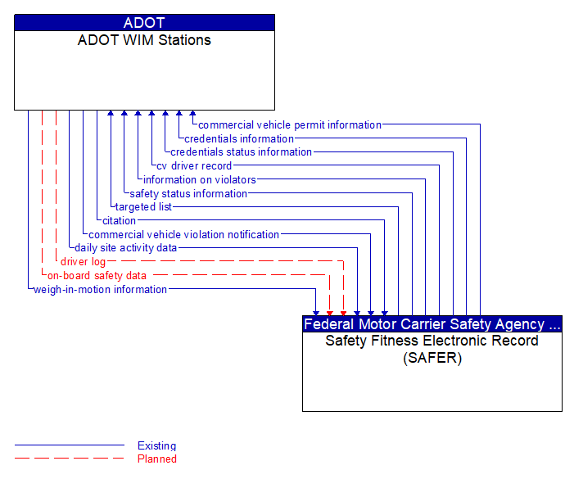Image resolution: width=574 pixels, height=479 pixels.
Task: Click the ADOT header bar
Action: click(144, 23)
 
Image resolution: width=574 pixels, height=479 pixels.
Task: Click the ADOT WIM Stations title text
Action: click(144, 40)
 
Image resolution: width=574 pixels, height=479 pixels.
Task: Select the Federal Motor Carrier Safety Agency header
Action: click(432, 324)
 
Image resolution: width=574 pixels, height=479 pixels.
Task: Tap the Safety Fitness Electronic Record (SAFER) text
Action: click(432, 349)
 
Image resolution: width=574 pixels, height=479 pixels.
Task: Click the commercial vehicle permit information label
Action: click(289, 125)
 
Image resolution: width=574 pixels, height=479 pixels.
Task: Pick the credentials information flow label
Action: click(239, 138)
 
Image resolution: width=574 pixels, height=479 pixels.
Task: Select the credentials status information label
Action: click(241, 151)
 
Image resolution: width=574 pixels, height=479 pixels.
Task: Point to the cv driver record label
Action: click(194, 166)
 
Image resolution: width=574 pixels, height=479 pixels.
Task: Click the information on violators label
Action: click(199, 179)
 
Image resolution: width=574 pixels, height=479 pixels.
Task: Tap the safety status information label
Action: click(188, 193)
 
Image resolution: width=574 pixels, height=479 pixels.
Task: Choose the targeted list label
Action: click(143, 207)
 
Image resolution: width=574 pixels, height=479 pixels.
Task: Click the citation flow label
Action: click(119, 220)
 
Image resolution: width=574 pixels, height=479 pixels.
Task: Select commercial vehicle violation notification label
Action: click(183, 234)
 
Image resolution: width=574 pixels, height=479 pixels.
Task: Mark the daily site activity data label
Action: click(125, 247)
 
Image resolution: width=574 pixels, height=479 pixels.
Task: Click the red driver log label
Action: click(83, 262)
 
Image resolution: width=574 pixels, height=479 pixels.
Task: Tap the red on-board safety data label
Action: click(97, 275)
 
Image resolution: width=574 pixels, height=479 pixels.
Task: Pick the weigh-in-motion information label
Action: click(100, 289)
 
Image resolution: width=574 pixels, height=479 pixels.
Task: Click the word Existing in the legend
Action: click(156, 445)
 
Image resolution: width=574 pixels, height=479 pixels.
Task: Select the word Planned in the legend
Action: click(156, 459)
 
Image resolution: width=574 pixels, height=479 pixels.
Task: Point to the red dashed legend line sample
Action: click(69, 459)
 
